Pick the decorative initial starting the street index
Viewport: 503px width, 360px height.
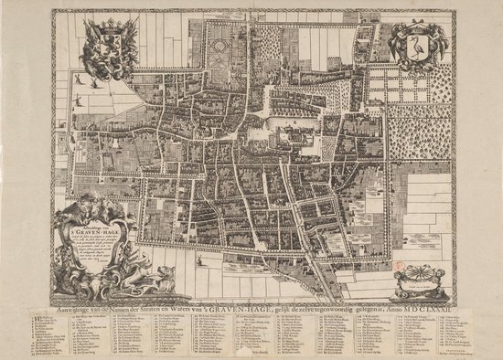click(x=59, y=323)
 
